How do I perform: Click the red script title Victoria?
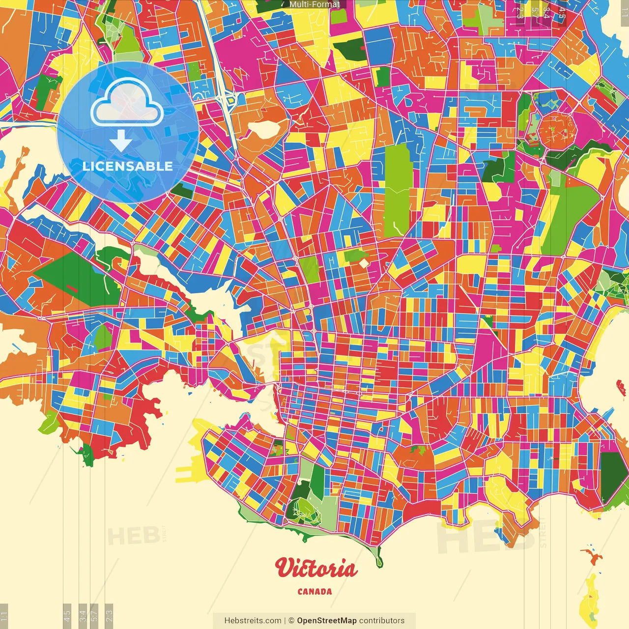316,568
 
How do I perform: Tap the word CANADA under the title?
314,592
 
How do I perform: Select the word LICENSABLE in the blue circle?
127,166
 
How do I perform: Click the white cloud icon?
127,104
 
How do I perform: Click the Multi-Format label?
314,4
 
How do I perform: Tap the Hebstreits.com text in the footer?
253,621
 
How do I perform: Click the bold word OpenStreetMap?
326,621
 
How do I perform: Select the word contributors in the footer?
382,621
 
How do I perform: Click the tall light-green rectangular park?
397,189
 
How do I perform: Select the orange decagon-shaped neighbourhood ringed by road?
553,129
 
